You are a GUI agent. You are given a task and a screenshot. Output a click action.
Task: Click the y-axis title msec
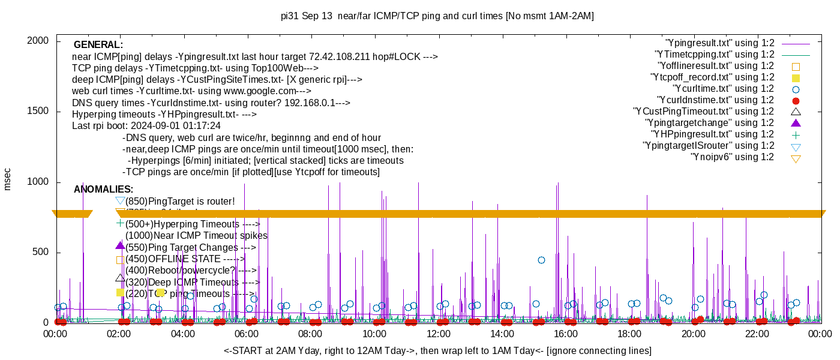8,179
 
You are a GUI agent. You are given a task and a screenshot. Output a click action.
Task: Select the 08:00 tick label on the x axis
310,334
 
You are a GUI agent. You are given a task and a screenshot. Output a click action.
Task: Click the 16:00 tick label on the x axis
565,334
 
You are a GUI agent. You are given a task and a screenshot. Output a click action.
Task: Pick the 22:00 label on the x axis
757,334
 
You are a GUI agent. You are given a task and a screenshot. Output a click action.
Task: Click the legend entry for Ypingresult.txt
720,43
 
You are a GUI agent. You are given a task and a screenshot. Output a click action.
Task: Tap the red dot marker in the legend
796,101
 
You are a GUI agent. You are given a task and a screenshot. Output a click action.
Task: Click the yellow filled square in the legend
796,78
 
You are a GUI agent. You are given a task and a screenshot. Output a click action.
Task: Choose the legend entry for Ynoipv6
732,157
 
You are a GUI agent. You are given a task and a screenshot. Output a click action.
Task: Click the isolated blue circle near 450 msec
541,260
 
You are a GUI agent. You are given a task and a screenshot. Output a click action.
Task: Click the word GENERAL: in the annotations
98,45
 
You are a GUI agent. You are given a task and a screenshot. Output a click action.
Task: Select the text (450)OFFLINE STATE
180,259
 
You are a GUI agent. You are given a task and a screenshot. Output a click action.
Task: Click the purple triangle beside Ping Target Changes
120,245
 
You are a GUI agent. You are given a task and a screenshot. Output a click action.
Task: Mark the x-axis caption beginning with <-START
437,350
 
